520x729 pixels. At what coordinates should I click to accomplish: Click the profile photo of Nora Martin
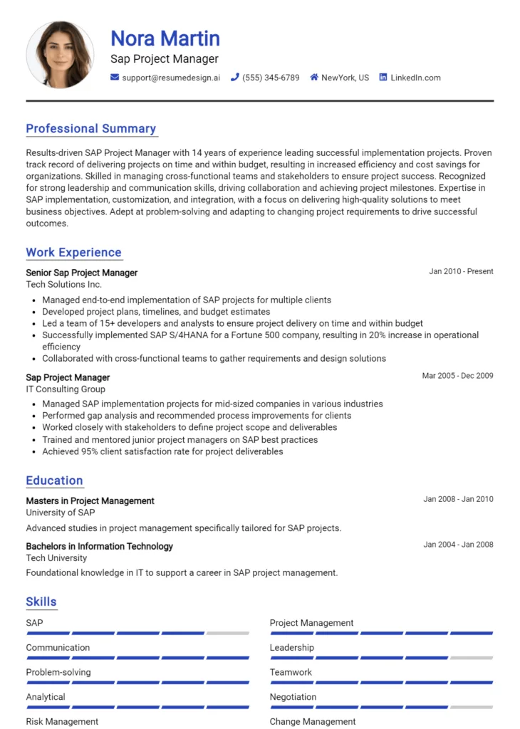point(60,55)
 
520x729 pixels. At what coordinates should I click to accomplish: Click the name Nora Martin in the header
point(165,38)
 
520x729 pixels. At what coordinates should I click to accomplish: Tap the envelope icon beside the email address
point(115,78)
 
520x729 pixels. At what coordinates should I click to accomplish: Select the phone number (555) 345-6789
point(271,78)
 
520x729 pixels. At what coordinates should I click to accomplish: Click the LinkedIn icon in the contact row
point(383,78)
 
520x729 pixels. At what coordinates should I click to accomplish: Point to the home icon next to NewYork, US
point(314,78)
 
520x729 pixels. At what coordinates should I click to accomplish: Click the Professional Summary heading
point(91,129)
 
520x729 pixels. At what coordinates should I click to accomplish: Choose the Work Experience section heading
point(74,253)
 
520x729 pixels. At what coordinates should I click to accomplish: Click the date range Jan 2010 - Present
point(461,272)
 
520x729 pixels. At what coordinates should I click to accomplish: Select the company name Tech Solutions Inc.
point(64,285)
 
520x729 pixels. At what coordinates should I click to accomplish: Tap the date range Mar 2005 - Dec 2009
point(457,376)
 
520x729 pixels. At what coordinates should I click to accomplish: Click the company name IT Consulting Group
point(66,389)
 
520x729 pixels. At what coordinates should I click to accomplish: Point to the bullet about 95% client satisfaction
point(162,451)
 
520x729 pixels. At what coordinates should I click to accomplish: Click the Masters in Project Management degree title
point(90,501)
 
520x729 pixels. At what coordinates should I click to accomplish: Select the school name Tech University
point(56,558)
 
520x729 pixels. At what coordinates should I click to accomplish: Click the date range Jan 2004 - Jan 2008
point(458,545)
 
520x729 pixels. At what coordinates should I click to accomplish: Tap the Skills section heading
point(41,602)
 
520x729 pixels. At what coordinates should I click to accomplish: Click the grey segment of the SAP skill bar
point(228,633)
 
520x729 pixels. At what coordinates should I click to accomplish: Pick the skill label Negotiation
point(293,697)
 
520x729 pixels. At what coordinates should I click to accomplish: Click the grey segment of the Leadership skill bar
point(472,658)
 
